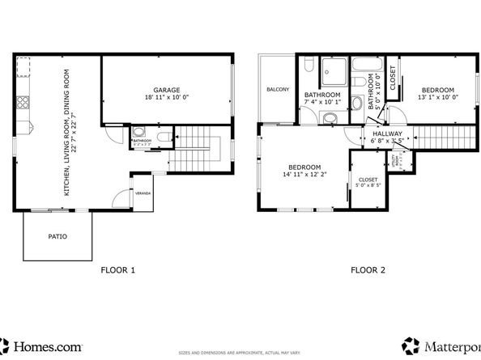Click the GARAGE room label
click(166, 90)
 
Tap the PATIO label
click(57, 237)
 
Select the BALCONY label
click(277, 89)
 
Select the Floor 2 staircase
click(443, 138)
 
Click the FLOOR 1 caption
click(117, 270)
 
